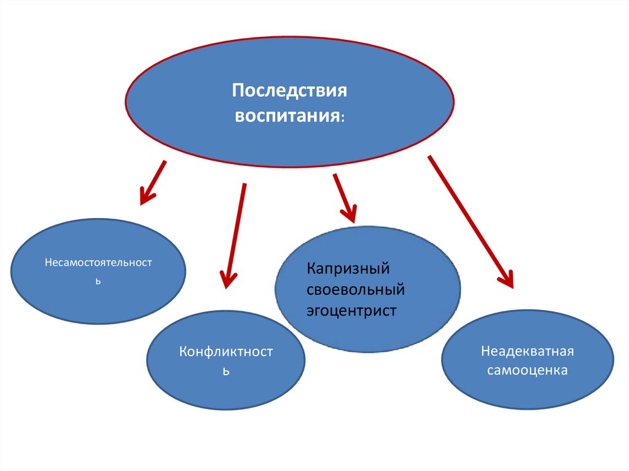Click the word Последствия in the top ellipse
[289, 91]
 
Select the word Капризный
[348, 269]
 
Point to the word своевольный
[356, 289]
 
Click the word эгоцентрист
[351, 311]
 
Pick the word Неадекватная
[527, 351]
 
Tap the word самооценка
[527, 370]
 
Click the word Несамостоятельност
[98, 263]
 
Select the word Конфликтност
[226, 352]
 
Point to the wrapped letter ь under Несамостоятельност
[98, 281]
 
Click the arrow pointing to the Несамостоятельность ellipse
[153, 183]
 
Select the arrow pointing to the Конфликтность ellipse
[235, 236]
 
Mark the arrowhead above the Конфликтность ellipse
[227, 280]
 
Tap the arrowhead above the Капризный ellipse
[350, 214]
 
